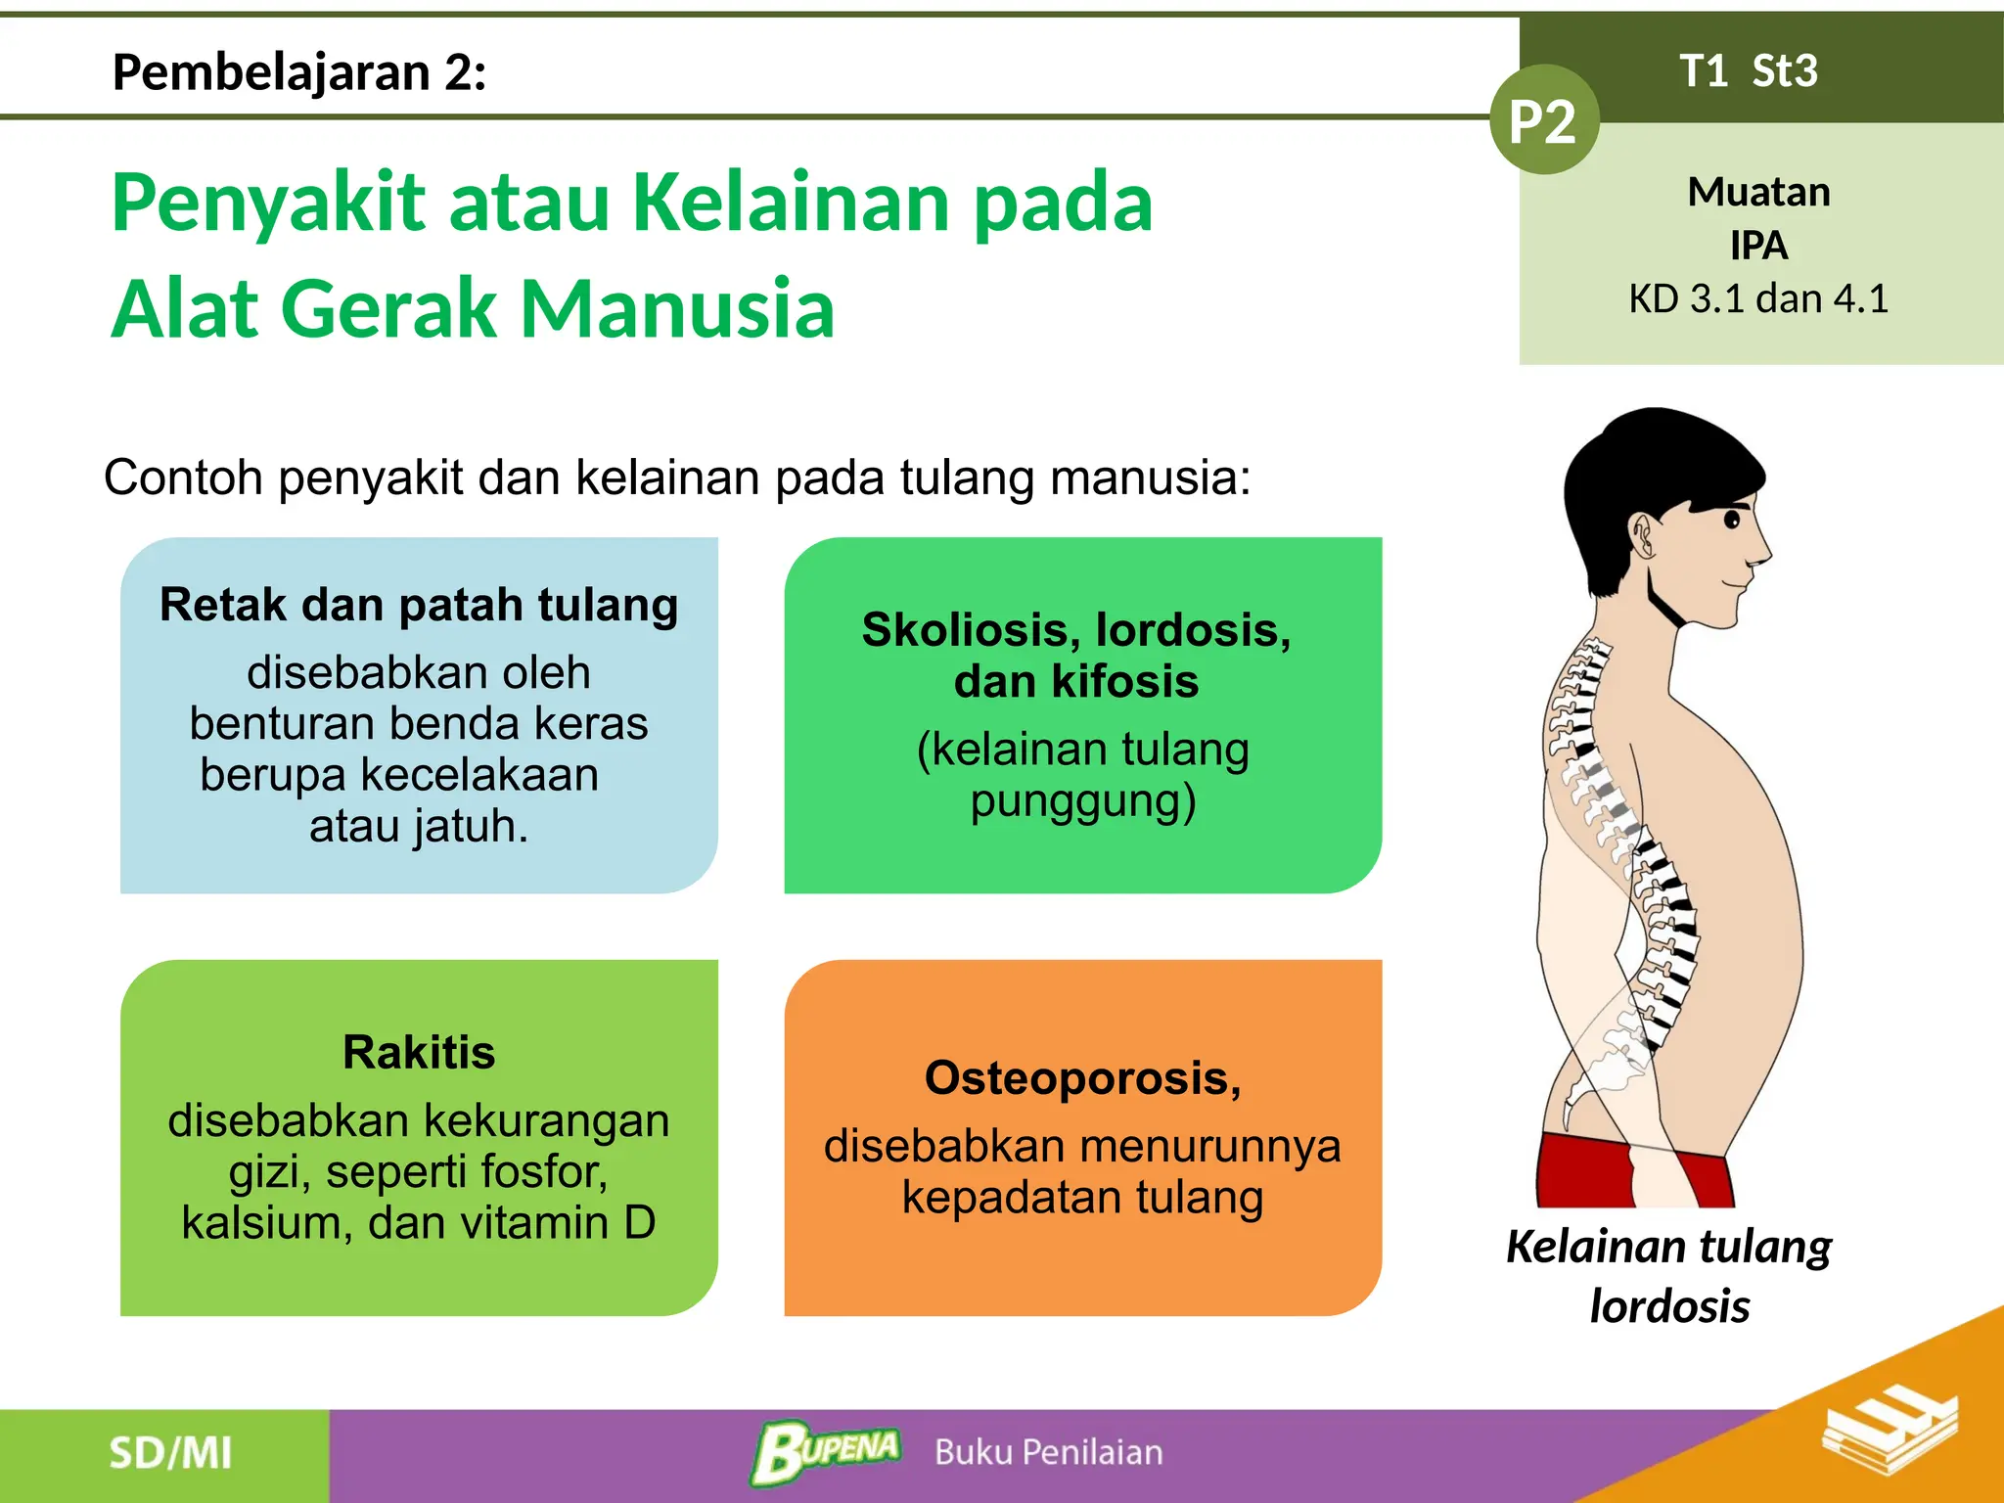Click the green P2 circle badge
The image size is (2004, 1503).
coord(1543,120)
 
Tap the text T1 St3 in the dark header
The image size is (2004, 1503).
coord(1748,71)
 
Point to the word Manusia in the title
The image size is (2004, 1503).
coord(677,308)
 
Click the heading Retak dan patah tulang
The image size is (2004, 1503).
coord(419,605)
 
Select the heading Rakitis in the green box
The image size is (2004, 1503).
coord(419,1053)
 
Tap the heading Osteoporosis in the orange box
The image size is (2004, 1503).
coord(1082,1078)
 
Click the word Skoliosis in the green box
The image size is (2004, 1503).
coord(967,629)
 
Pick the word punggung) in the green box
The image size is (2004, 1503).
coord(1083,800)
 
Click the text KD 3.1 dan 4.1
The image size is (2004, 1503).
coord(1758,298)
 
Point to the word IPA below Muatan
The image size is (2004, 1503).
coord(1758,246)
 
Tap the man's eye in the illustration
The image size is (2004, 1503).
coord(1732,519)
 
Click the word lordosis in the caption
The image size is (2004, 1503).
coord(1669,1306)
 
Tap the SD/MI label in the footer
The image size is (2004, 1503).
coord(170,1453)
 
